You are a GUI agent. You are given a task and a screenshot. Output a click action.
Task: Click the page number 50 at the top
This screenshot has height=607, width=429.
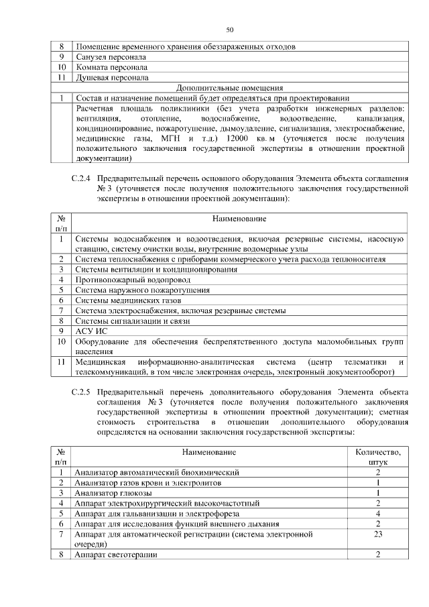click(x=230, y=30)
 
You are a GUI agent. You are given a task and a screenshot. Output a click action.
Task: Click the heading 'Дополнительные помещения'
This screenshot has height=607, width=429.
click(x=229, y=87)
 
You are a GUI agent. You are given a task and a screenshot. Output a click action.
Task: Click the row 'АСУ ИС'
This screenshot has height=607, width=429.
click(x=91, y=331)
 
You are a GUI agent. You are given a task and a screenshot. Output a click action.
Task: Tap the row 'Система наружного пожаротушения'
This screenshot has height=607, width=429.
click(x=142, y=290)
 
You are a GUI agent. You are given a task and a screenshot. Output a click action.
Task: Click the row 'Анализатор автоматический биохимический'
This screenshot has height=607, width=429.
click(x=157, y=472)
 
